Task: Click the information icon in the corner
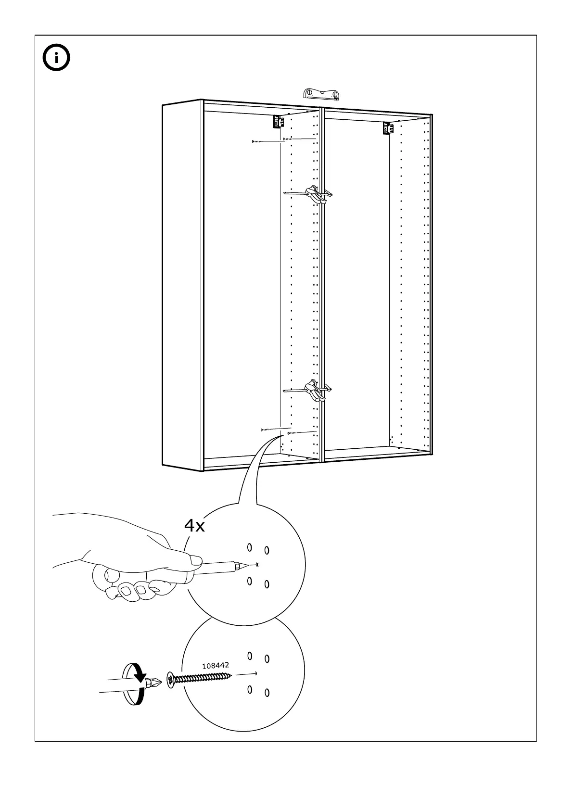56,58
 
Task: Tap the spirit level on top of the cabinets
322,93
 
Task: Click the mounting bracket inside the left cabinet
277,122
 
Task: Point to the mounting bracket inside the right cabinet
386,128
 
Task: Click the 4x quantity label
194,526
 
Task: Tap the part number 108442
215,666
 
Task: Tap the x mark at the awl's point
258,564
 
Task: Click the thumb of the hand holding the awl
195,560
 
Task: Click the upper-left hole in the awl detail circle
249,547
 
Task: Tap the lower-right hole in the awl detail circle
267,584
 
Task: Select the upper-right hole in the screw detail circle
267,658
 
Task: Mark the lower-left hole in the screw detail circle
250,690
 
